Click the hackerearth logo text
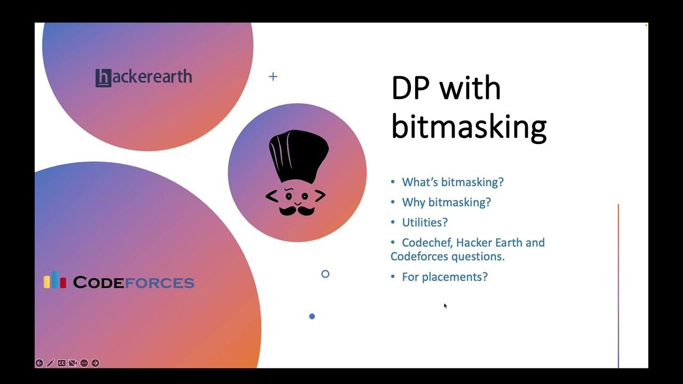[x=144, y=77]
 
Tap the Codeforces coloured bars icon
[x=54, y=281]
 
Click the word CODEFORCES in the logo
[x=133, y=282]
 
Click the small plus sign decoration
[x=273, y=77]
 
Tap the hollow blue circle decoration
[x=325, y=274]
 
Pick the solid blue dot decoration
[x=312, y=316]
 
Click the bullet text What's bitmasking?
[x=452, y=182]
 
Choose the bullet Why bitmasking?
[x=446, y=203]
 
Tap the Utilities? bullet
[x=425, y=222]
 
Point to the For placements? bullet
[x=444, y=277]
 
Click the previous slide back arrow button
[x=39, y=363]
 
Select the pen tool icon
[x=51, y=363]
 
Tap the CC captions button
[x=62, y=363]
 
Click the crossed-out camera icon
[x=73, y=363]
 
